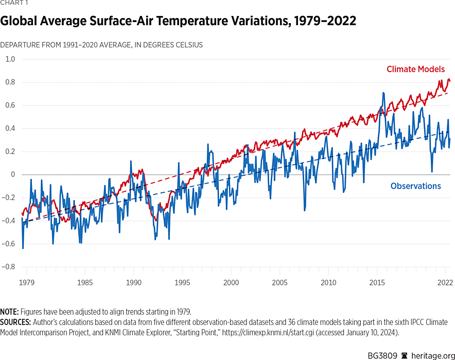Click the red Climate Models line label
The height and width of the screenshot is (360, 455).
point(415,69)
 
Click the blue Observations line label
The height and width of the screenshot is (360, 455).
point(415,186)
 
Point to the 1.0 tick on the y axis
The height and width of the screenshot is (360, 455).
point(10,59)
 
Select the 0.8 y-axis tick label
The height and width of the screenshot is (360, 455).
point(10,82)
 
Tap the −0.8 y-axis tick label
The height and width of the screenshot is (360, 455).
point(9,267)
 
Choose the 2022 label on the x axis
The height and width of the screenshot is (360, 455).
point(445,282)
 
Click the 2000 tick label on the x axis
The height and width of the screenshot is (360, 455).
point(231,282)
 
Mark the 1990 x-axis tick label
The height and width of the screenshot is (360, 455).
point(134,282)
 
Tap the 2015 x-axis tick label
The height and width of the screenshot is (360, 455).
point(377,282)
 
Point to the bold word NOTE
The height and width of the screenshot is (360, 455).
point(10,312)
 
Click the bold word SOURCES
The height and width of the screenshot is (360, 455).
point(15,322)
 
